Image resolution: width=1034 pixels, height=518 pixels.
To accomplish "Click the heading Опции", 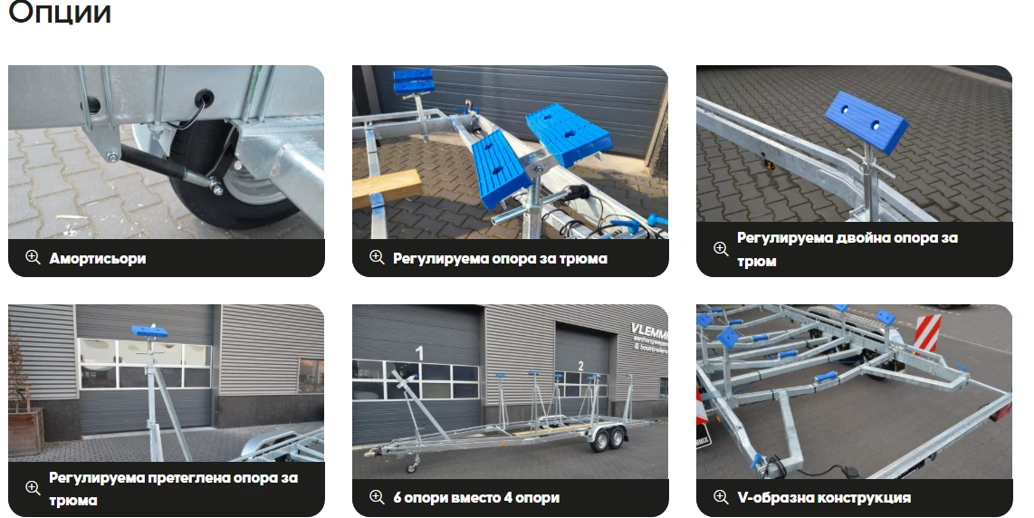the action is [60, 12].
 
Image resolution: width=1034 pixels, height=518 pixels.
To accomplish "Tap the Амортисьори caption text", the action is [98, 258].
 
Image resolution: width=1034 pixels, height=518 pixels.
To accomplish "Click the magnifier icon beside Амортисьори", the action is [33, 257].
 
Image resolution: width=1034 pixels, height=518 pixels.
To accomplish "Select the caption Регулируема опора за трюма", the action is [500, 258].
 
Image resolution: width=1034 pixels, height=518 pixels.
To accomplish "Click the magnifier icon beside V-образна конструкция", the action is [721, 497].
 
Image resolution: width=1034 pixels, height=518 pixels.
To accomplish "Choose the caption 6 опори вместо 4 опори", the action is [476, 497].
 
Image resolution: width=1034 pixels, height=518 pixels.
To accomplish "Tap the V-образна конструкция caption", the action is [824, 497].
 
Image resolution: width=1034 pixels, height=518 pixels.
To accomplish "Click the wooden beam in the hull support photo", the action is [388, 188].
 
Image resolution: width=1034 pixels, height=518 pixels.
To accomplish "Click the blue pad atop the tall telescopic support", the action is [149, 331].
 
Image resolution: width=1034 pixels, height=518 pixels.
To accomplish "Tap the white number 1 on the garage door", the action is [418, 353].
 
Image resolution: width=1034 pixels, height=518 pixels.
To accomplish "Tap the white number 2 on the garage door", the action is [580, 366].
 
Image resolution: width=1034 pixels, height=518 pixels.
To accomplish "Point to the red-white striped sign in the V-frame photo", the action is [927, 333].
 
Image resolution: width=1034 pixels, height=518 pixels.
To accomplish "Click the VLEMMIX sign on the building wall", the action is [649, 336].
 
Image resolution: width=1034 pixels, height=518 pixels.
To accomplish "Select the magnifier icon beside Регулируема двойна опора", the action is [721, 248].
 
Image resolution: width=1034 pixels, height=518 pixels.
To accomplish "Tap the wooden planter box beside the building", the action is [25, 432].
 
